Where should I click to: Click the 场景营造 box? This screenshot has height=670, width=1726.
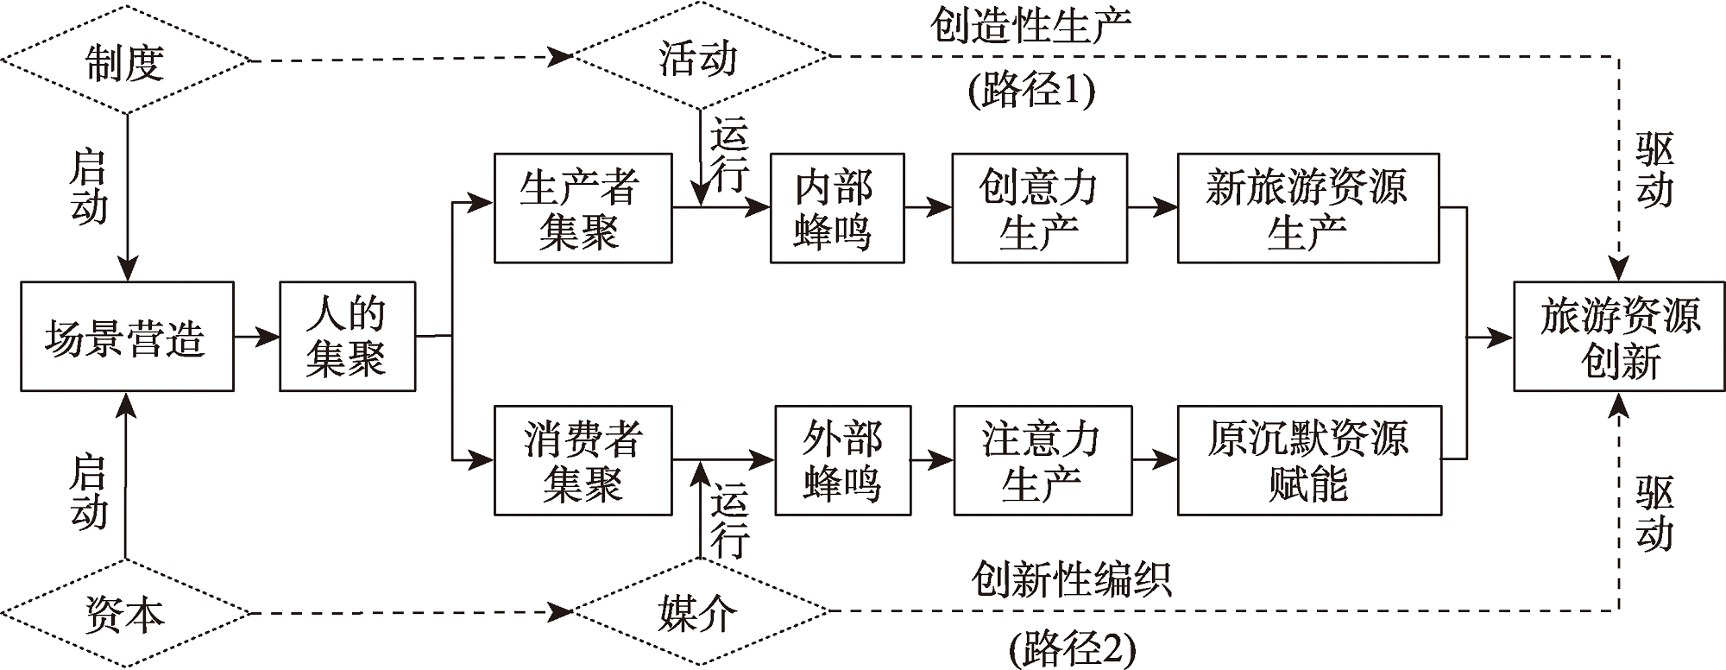(127, 337)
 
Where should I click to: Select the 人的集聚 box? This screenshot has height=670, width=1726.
(347, 337)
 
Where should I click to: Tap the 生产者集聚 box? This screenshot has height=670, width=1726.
(583, 208)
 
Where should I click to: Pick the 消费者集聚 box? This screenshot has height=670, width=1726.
(583, 460)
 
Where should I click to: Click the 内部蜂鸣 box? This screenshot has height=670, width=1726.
(836, 208)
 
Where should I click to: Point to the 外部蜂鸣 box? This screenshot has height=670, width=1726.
(842, 460)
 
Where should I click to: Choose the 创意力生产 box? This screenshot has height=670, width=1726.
(1039, 208)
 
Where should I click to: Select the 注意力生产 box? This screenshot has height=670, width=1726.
(1042, 460)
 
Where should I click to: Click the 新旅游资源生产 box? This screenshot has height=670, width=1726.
(1307, 208)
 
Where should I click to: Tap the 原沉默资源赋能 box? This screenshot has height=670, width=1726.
(1307, 460)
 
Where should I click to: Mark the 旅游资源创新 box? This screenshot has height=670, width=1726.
(1619, 337)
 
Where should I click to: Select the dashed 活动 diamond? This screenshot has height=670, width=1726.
(700, 58)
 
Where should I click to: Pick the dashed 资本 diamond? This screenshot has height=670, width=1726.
(125, 614)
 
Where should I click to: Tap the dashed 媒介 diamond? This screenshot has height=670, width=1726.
(700, 612)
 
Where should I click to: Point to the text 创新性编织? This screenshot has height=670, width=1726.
(1071, 578)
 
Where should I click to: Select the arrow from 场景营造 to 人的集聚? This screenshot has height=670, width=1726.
(256, 337)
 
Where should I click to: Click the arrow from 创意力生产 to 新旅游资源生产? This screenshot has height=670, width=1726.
(1152, 208)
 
